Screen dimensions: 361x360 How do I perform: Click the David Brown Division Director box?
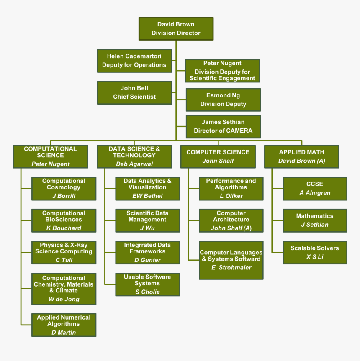(176, 28)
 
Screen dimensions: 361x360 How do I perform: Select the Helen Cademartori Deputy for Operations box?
(134, 61)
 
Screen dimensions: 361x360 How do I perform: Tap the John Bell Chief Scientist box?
(134, 92)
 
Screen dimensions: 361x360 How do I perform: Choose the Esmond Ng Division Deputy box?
(223, 100)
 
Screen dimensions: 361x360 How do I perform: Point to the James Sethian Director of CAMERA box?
(223, 126)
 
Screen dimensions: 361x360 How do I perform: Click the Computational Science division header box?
(50, 156)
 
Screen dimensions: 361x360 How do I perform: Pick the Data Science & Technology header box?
(134, 156)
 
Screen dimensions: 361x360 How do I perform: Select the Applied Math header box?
(301, 156)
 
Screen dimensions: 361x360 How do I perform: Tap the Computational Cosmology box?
(64, 188)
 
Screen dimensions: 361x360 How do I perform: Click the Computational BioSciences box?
(64, 220)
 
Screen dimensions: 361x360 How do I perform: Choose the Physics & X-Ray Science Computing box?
(64, 252)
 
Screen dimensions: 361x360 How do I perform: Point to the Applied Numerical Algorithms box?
(64, 325)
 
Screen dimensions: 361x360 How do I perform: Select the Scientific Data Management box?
(147, 220)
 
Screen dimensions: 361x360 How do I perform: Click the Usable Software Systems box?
(147, 284)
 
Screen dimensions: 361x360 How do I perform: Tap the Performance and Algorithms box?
(231, 188)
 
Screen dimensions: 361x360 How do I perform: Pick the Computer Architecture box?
(231, 220)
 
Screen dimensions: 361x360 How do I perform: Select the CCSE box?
(315, 188)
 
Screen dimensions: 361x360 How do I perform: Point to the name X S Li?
(315, 257)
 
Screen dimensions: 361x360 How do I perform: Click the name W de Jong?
(64, 299)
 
